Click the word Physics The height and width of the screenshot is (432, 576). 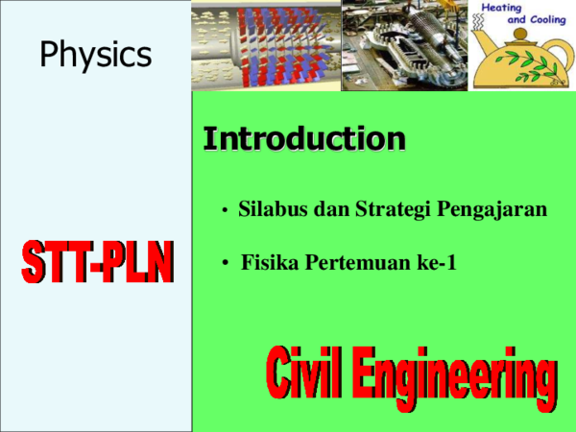pyautogui.click(x=95, y=55)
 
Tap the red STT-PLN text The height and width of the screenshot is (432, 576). pyautogui.click(x=97, y=261)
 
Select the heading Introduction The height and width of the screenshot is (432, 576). pyautogui.click(x=304, y=139)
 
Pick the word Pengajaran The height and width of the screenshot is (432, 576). pyautogui.click(x=492, y=210)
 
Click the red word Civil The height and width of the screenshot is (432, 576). pyautogui.click(x=303, y=372)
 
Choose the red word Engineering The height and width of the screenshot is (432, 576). pyautogui.click(x=454, y=378)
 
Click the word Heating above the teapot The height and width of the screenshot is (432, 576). pyautogui.click(x=501, y=8)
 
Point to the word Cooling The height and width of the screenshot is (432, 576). pyautogui.click(x=548, y=19)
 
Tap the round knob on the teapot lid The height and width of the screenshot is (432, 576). pyautogui.click(x=520, y=35)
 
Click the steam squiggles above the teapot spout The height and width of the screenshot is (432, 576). pyautogui.click(x=477, y=22)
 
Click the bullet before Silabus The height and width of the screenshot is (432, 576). pyautogui.click(x=225, y=210)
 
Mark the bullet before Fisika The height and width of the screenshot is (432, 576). pyautogui.click(x=226, y=263)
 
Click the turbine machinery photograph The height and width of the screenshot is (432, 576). pyautogui.click(x=404, y=45)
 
